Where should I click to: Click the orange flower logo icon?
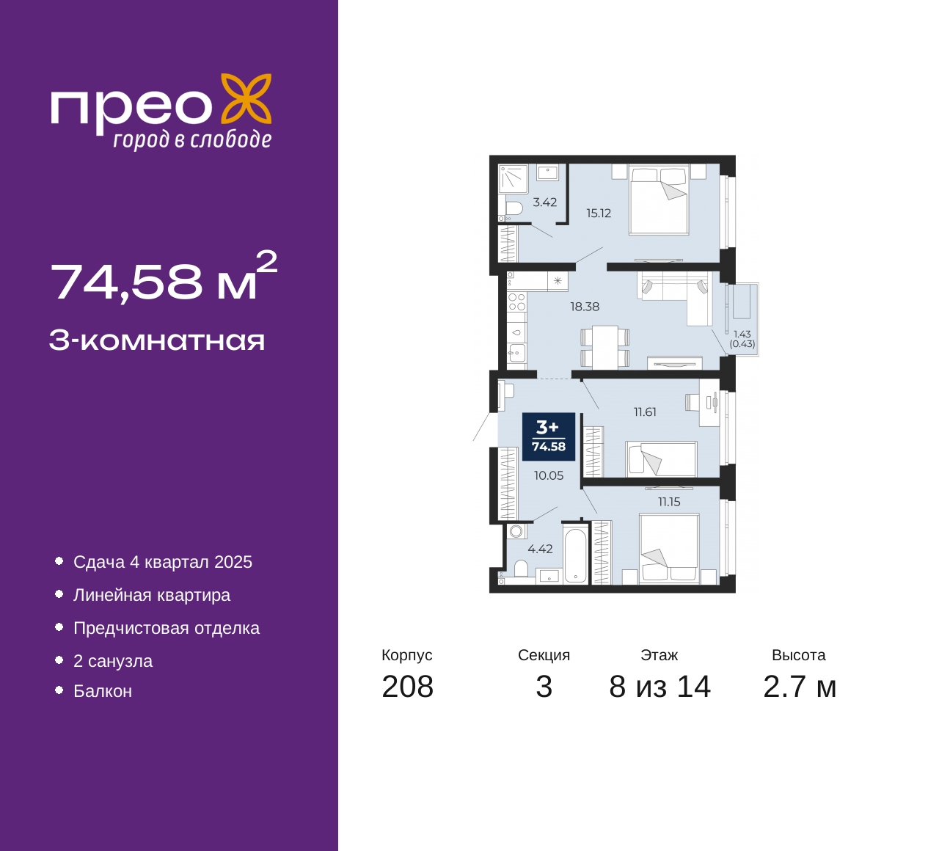(246, 103)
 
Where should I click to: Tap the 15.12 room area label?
(599, 213)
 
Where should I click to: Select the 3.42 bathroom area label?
(545, 202)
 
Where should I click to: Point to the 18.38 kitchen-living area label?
(585, 307)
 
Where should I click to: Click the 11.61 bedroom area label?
(645, 412)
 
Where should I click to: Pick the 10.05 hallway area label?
(549, 475)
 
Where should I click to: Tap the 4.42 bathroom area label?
(540, 549)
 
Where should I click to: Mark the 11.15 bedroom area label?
(669, 502)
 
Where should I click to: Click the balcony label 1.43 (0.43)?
(742, 339)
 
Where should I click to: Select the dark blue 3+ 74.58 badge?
(549, 437)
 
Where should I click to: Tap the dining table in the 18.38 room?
(604, 347)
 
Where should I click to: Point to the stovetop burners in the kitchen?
(517, 302)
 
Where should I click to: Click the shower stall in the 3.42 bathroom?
(514, 178)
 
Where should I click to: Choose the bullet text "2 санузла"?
(113, 661)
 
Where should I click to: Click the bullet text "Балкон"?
(103, 691)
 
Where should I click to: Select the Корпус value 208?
(408, 687)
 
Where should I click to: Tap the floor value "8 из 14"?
(660, 687)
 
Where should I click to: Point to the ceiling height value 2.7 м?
(800, 687)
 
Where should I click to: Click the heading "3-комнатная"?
(157, 341)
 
